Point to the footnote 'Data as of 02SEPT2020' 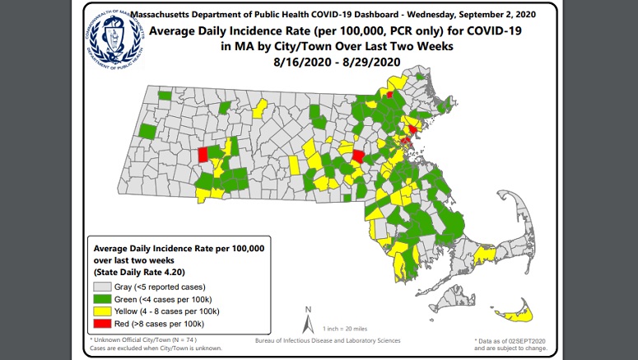510,339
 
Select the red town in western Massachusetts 203,155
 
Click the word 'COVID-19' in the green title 479,31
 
